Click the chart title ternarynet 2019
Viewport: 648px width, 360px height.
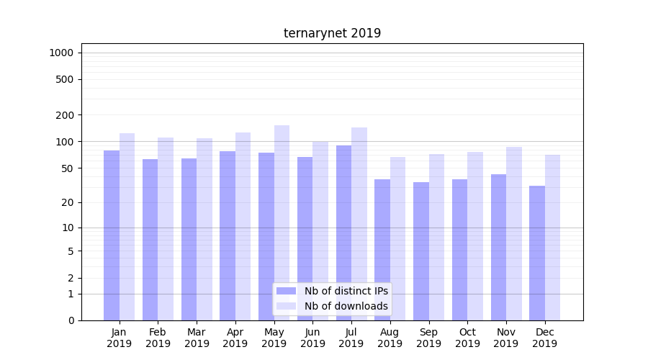click(332, 33)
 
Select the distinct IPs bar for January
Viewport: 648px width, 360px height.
click(112, 235)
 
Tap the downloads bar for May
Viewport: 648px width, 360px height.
click(282, 222)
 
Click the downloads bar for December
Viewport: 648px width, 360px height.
click(552, 238)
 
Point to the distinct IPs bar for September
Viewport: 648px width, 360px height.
click(421, 251)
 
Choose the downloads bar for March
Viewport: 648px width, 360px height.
click(204, 229)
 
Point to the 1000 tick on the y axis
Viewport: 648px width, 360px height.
click(61, 53)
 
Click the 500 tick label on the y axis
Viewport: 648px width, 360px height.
click(66, 79)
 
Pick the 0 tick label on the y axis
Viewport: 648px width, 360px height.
click(71, 320)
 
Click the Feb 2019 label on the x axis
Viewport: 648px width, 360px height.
click(158, 338)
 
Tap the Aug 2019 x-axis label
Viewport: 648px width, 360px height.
click(390, 338)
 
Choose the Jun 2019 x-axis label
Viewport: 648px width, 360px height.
click(312, 338)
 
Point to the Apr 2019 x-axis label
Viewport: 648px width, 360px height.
click(235, 338)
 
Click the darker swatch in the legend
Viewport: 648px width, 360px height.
click(286, 291)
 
